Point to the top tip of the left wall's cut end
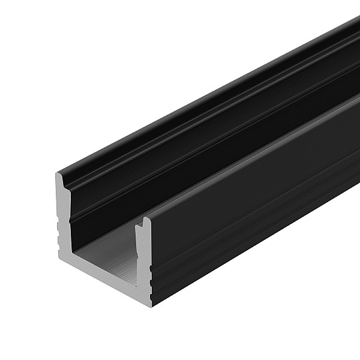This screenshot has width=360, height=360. [x=61, y=175]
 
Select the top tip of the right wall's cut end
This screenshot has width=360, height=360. [x=146, y=220]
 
